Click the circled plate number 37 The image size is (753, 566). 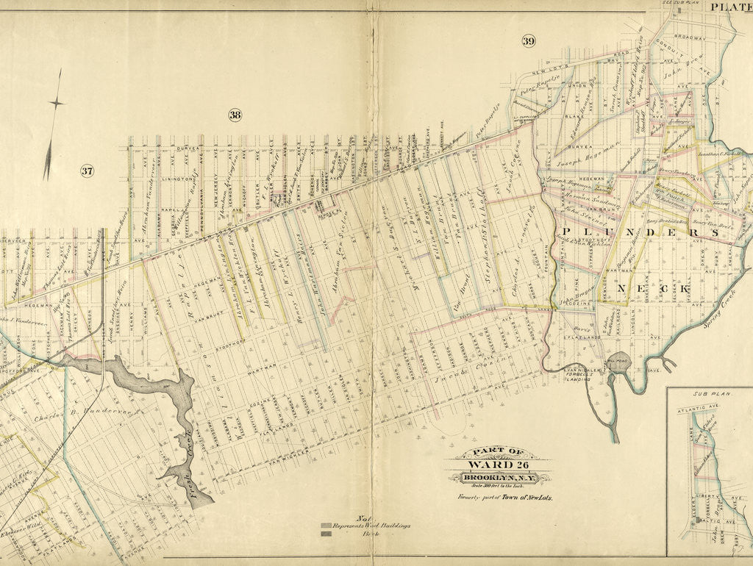tap(87, 171)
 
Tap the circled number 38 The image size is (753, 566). tap(235, 115)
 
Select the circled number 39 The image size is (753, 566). tap(528, 40)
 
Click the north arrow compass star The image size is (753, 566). tap(55, 103)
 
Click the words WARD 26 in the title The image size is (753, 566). tap(498, 465)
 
